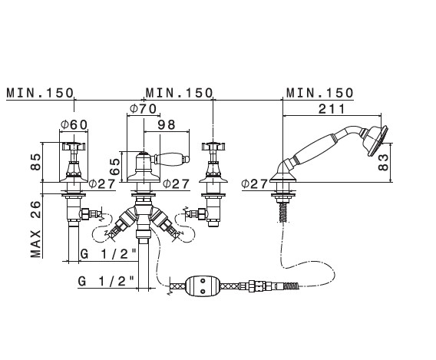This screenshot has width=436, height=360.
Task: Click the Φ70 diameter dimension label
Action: point(144,108)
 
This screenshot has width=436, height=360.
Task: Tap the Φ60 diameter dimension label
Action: point(74,124)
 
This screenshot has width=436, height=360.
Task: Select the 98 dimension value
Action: point(167,124)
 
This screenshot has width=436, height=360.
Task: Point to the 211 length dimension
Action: point(332,109)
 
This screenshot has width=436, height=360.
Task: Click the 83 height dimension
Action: point(384,163)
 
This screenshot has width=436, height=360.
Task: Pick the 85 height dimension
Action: point(36,162)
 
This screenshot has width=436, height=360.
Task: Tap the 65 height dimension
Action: point(114,167)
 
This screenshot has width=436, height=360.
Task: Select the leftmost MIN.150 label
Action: point(40,93)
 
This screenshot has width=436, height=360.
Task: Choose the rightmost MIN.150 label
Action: point(320,93)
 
